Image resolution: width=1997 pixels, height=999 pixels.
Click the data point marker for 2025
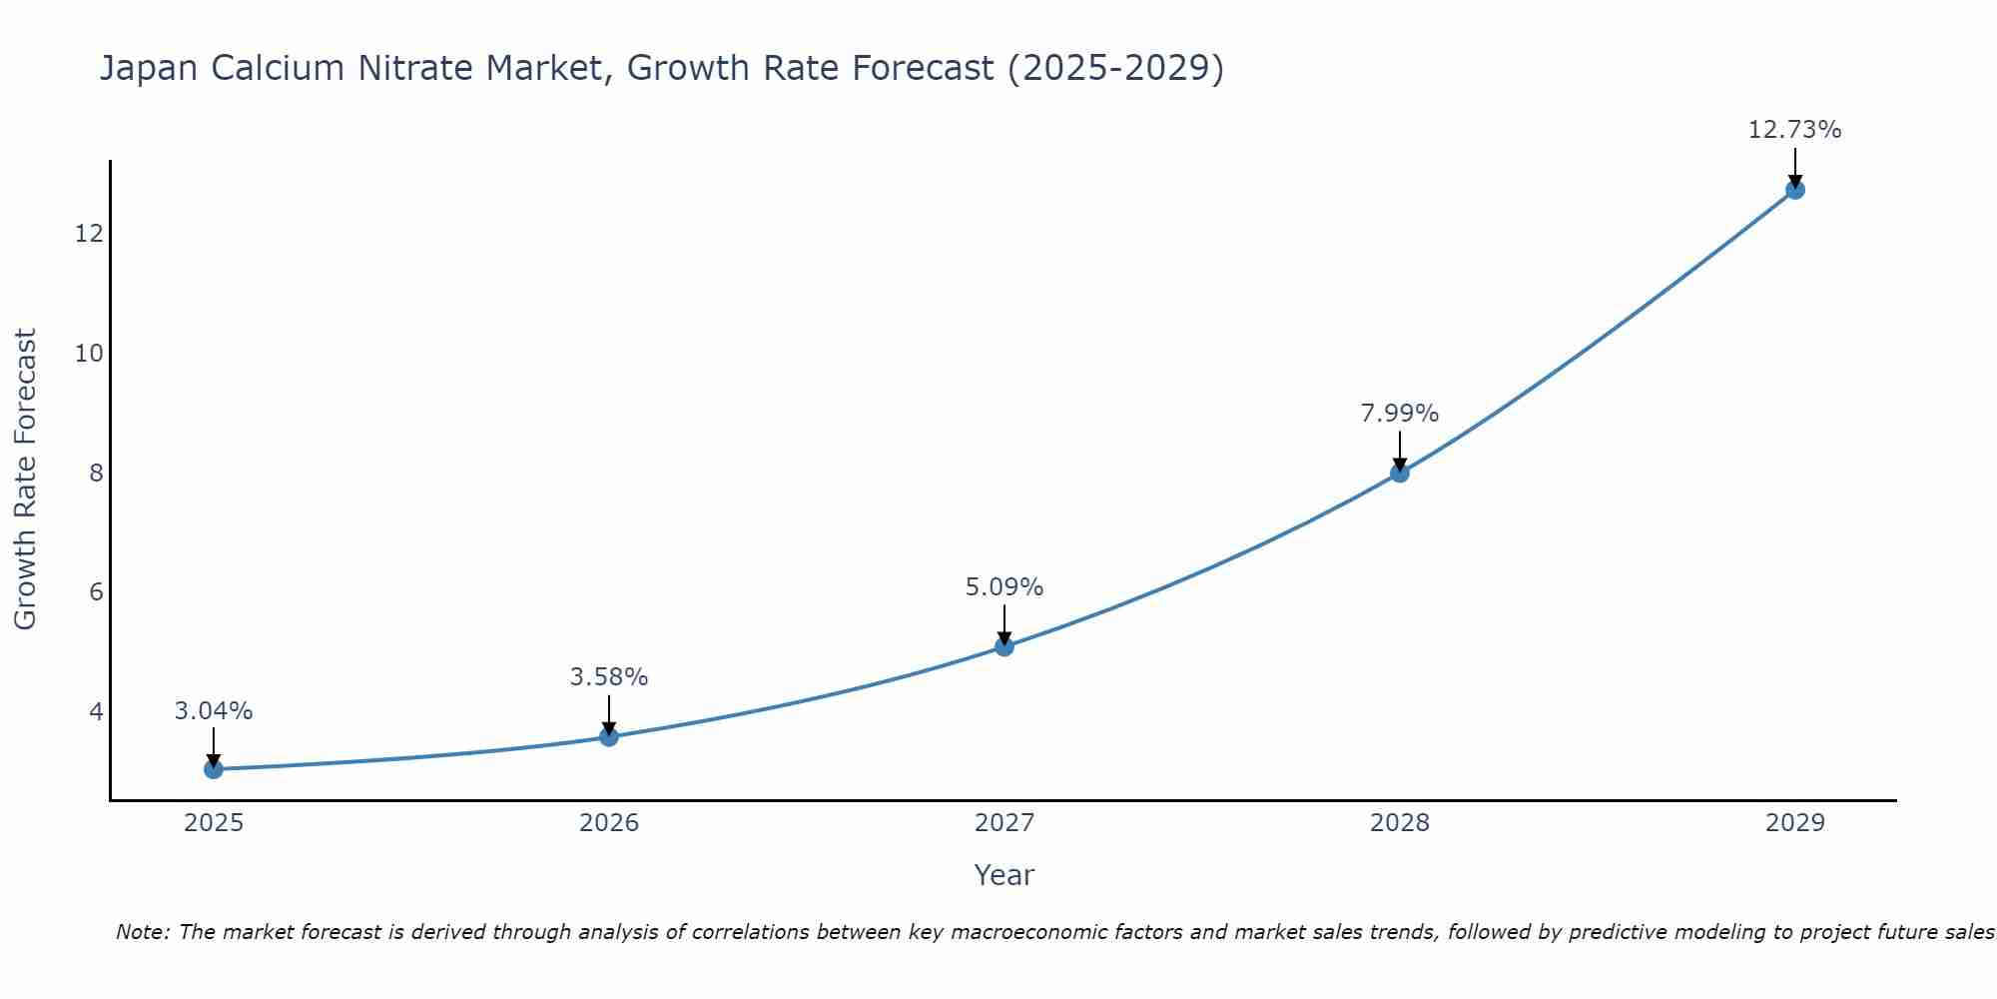pos(213,769)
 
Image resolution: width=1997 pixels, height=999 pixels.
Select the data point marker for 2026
pos(609,737)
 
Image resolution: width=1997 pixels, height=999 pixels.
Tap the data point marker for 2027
pos(1004,646)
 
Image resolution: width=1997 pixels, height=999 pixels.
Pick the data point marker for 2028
pos(1400,473)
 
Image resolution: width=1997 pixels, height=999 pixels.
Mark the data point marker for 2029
pos(1795,190)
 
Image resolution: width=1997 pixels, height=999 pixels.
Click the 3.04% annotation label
pos(214,711)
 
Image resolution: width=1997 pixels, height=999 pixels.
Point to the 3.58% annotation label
pos(609,677)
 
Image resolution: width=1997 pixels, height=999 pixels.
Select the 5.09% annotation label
pos(1004,587)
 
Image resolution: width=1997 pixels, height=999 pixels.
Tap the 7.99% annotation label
pos(1400,414)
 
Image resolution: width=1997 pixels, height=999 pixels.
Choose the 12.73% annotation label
pos(1795,130)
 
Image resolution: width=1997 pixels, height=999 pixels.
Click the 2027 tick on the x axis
pos(1004,823)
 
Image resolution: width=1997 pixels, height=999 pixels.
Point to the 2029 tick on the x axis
pos(1795,823)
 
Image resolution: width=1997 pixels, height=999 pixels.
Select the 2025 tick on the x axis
pos(214,823)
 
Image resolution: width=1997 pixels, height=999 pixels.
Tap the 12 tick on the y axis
pos(89,234)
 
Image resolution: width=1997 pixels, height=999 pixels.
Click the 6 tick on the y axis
pos(96,592)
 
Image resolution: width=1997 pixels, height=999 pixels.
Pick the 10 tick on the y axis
pos(89,354)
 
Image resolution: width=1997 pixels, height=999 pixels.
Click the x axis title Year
pos(1004,875)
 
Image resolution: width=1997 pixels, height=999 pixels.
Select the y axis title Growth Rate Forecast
pos(25,480)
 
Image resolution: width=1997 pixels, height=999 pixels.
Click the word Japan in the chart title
pos(143,68)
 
